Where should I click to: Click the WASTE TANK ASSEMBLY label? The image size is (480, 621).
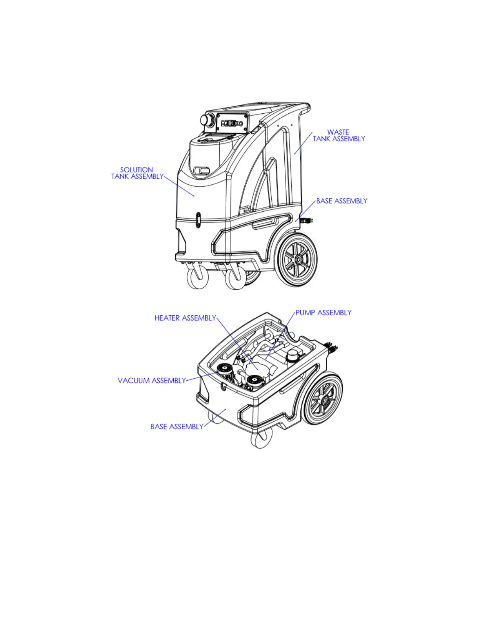pos(339,136)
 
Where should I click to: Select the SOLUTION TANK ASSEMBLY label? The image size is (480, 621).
pos(137,173)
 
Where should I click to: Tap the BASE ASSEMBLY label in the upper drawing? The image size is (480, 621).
pos(342,201)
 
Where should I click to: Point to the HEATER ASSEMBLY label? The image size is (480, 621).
pos(185,318)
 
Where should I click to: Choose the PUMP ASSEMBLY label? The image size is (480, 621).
pos(323,313)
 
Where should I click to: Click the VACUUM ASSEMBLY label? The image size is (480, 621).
pos(152,381)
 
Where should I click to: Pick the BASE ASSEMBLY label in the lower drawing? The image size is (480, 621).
pos(177,427)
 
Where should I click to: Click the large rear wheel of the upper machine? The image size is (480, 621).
pos(298,260)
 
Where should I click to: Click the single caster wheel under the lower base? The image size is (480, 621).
pos(261,439)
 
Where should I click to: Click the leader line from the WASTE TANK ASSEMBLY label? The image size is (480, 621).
pos(304,143)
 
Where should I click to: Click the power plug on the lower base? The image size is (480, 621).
pos(332,347)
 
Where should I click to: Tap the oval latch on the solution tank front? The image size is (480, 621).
pos(198,220)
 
